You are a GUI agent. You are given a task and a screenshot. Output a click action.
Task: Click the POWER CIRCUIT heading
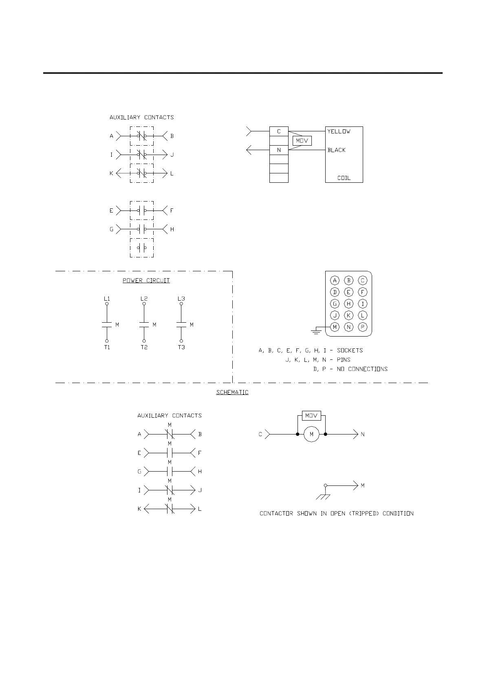point(146,281)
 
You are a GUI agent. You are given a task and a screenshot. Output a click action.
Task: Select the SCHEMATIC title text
point(232,392)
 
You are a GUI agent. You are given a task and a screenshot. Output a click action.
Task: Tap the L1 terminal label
point(107,299)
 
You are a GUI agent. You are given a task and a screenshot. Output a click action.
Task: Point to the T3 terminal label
point(181,347)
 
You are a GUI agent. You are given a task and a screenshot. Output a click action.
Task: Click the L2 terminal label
point(144,299)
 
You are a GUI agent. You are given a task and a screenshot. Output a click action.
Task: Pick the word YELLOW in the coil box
point(339,131)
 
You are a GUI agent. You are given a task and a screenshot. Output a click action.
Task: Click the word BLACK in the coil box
point(337,150)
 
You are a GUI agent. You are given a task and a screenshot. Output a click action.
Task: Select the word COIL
point(344,178)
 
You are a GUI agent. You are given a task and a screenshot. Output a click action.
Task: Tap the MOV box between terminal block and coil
point(302,141)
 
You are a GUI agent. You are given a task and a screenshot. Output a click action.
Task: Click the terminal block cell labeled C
point(279,131)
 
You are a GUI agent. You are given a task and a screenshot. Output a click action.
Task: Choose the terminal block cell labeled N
point(279,150)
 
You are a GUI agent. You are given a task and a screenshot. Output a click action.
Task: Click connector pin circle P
point(363,327)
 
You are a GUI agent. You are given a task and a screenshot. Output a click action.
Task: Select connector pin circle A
point(335,280)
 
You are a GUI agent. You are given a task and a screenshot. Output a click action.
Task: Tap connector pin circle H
point(348,304)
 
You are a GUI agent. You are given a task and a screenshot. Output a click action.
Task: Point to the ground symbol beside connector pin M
point(316,330)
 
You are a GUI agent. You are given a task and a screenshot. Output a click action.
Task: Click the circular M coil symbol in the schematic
point(311,434)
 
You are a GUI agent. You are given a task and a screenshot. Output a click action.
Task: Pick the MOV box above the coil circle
point(311,416)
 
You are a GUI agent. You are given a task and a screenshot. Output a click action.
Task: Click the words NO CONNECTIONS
point(362,369)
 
